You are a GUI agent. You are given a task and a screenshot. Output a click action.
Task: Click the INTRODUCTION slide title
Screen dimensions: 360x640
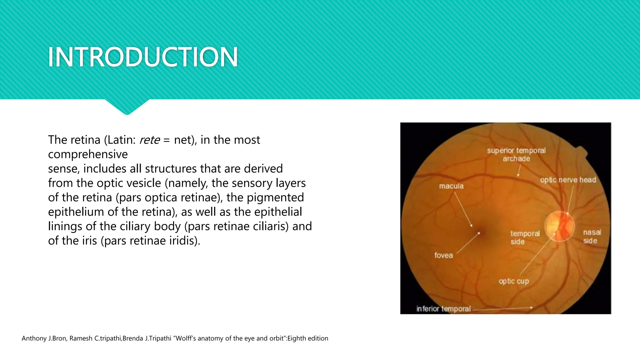click(143, 57)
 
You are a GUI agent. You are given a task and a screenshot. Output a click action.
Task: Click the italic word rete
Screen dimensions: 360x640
click(149, 140)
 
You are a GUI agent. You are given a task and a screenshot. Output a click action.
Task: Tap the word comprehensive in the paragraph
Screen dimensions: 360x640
click(88, 154)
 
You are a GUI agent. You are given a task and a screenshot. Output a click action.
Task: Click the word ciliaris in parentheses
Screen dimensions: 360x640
click(271, 226)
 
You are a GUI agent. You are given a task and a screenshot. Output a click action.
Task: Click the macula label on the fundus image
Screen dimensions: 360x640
click(451, 186)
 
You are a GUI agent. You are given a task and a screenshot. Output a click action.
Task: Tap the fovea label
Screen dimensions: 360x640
click(443, 255)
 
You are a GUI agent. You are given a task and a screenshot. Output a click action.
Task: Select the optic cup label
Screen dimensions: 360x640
click(514, 281)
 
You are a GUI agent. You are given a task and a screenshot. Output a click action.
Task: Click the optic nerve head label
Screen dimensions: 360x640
click(568, 180)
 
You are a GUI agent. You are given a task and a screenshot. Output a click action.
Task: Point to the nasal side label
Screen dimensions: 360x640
click(592, 237)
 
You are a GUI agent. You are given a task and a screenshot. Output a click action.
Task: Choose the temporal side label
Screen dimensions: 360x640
click(525, 237)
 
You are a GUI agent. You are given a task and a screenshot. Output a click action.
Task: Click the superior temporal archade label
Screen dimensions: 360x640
click(516, 155)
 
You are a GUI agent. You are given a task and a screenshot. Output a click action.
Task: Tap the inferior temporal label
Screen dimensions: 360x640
click(443, 309)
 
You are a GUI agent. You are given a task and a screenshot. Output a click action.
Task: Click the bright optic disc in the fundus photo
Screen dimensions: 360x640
click(559, 226)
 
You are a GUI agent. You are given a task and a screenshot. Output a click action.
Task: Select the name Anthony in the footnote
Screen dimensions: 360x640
click(34, 338)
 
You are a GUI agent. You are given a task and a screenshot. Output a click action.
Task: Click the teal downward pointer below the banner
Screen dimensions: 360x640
click(127, 107)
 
